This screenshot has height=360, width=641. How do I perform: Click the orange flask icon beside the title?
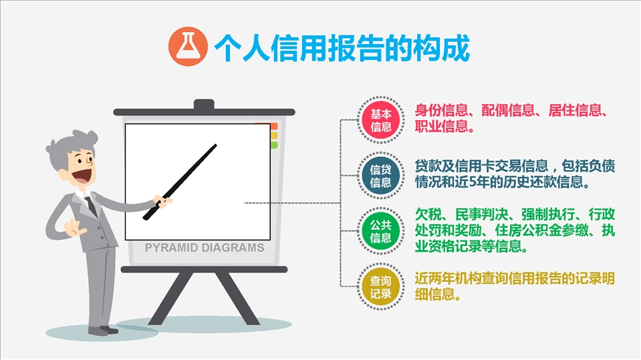pos(188,47)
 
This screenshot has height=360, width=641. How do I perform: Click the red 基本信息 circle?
pos(380,120)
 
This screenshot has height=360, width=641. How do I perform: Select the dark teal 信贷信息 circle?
pos(380,176)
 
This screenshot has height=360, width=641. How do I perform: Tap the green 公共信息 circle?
pos(380,231)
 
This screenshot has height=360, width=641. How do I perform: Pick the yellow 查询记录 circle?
pos(380,287)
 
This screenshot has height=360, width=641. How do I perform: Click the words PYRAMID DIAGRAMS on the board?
pos(205,248)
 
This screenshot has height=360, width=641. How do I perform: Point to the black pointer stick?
pos(180,182)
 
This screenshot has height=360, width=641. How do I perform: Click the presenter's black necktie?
pos(92,206)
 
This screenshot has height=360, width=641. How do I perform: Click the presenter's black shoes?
pos(104,330)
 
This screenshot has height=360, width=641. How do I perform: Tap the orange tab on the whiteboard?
pos(273,126)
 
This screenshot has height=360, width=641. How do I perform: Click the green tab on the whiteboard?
pos(273,145)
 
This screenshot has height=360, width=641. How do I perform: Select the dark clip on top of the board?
pos(204,105)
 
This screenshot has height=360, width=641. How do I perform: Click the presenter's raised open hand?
pos(74,227)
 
